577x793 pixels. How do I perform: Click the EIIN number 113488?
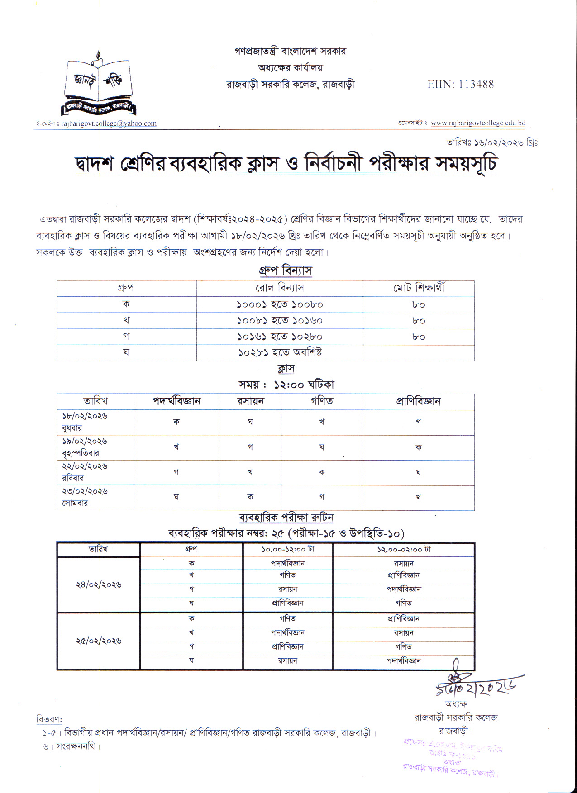click(460, 84)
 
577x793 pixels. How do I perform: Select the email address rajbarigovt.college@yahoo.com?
click(109, 123)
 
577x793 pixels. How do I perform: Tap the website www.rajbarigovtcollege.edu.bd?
click(478, 123)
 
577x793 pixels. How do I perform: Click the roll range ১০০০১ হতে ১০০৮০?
click(280, 305)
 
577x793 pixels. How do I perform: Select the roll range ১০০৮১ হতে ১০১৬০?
click(280, 321)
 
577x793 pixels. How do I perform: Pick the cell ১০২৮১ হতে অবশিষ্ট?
click(280, 352)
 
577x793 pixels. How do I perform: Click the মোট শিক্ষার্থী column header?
click(419, 288)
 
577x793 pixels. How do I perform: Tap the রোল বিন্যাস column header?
click(280, 288)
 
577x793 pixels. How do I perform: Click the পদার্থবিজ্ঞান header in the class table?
click(176, 401)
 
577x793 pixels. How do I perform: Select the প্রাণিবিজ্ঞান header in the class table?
click(418, 401)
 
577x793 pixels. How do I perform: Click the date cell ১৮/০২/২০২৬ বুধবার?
click(85, 422)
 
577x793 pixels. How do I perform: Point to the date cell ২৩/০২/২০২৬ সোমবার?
click(85, 497)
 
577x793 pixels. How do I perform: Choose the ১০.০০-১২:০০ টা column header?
click(288, 550)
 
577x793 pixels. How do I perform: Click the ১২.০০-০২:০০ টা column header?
click(403, 550)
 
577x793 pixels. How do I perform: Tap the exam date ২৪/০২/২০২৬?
click(98, 584)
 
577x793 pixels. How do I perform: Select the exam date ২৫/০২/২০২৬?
click(98, 641)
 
